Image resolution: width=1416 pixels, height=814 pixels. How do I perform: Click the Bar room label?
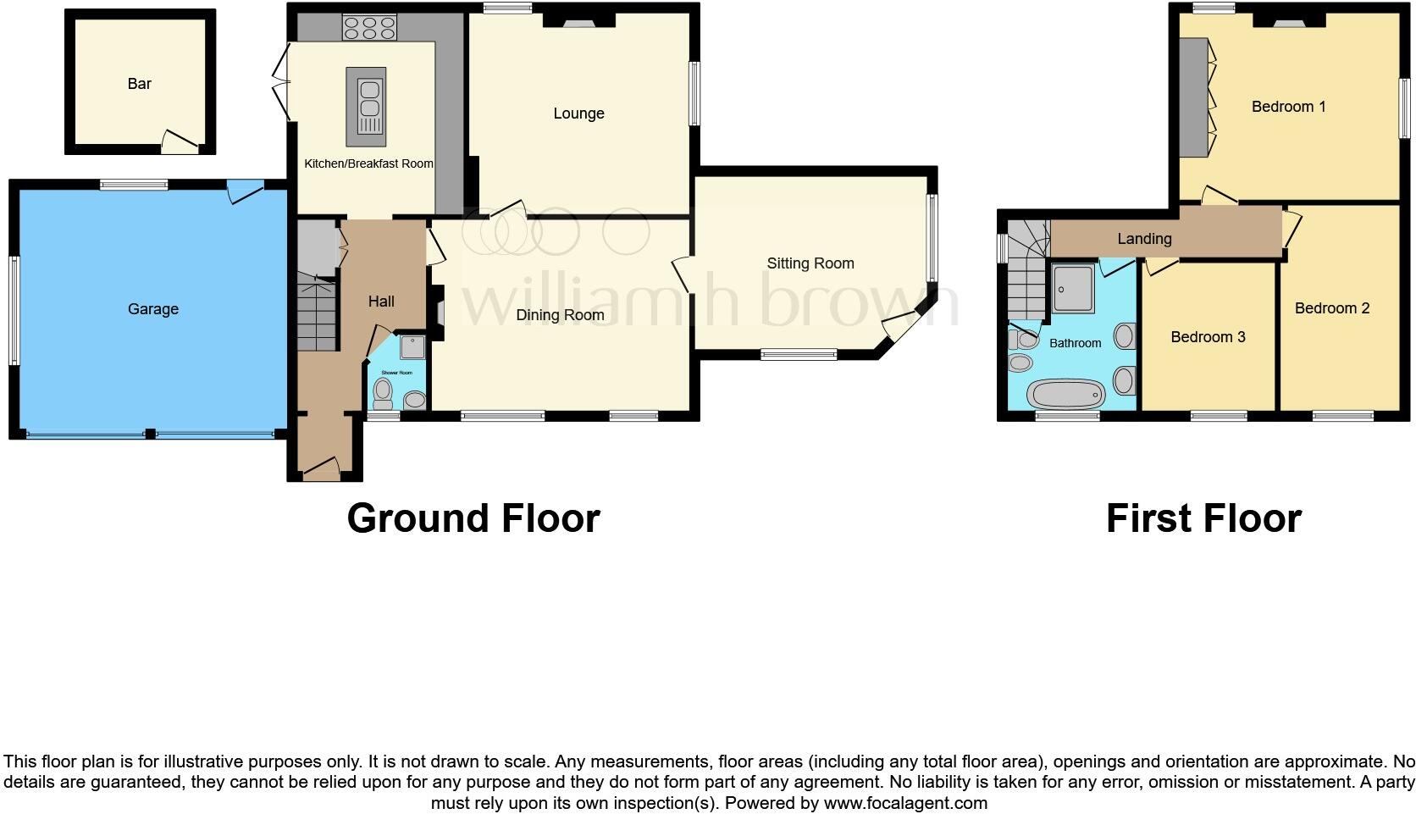139,84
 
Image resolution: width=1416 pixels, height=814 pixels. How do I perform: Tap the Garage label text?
153,309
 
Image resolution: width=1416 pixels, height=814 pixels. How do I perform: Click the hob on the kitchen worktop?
370,28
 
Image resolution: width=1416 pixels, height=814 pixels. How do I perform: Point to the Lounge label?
578,114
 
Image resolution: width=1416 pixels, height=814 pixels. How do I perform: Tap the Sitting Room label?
810,263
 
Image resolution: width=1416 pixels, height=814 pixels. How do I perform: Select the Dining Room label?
560,315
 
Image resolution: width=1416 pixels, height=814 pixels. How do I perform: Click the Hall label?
381,302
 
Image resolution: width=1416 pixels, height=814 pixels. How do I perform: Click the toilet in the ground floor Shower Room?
383,392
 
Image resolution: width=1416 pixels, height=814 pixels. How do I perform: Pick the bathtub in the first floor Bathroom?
1065,395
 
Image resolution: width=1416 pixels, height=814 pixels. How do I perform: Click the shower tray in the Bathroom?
1074,288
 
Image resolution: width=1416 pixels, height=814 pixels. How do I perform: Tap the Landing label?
1144,239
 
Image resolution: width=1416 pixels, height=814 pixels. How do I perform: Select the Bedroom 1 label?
1288,107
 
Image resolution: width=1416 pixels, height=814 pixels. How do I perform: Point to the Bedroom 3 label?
1208,337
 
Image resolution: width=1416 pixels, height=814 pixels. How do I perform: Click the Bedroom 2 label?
1331,308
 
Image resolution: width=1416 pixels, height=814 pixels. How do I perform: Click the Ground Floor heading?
473,518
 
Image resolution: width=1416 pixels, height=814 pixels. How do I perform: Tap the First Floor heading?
1203,518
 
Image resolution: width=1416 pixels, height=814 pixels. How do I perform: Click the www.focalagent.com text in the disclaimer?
905,803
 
